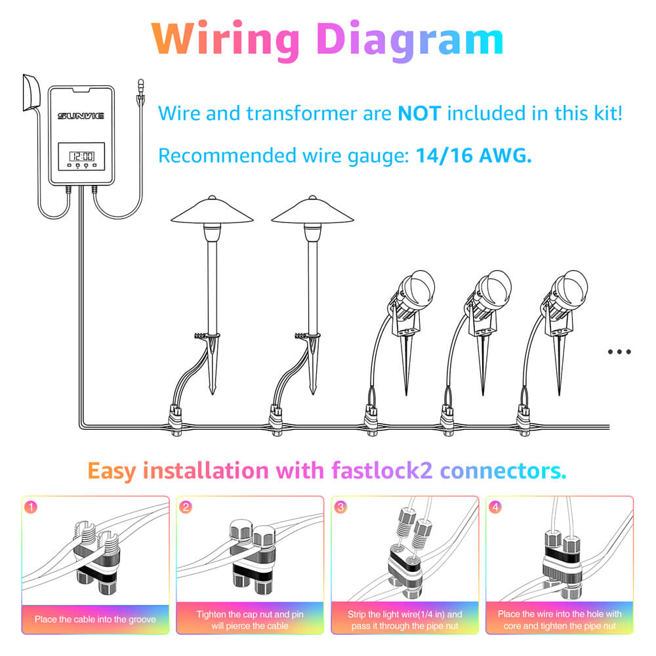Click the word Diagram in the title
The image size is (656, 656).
[x=409, y=40]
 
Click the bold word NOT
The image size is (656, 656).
[x=421, y=113]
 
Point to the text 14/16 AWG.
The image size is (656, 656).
[x=473, y=155]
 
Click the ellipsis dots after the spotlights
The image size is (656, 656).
[x=619, y=352]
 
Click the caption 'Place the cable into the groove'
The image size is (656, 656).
[x=95, y=619]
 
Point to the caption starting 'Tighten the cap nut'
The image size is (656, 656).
[x=250, y=619]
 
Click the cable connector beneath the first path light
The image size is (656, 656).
[x=175, y=420]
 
